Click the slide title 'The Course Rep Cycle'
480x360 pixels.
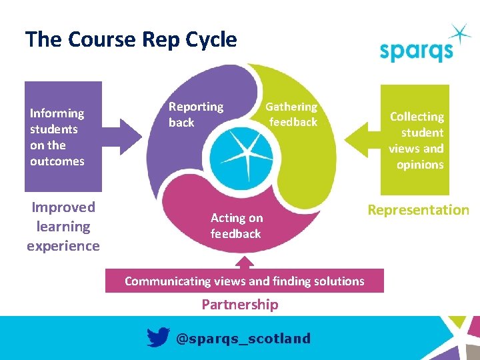pos(131,39)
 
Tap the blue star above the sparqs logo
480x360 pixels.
pos(460,34)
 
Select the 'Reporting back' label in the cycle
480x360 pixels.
pos(195,114)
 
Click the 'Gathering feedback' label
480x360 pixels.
pos(292,114)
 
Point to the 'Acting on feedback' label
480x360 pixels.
pos(236,225)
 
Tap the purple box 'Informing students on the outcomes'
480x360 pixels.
pos(63,137)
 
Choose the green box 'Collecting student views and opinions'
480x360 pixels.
pos(415,140)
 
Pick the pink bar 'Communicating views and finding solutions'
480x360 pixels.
pos(244,281)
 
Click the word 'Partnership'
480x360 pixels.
pos(240,305)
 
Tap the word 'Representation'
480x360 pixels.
pos(419,210)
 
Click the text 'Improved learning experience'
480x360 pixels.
pos(63,227)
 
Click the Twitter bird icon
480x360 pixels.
pos(158,338)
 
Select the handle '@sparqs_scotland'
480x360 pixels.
pos(243,339)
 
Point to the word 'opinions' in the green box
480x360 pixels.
pos(420,165)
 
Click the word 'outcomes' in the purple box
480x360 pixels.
pos(57,161)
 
